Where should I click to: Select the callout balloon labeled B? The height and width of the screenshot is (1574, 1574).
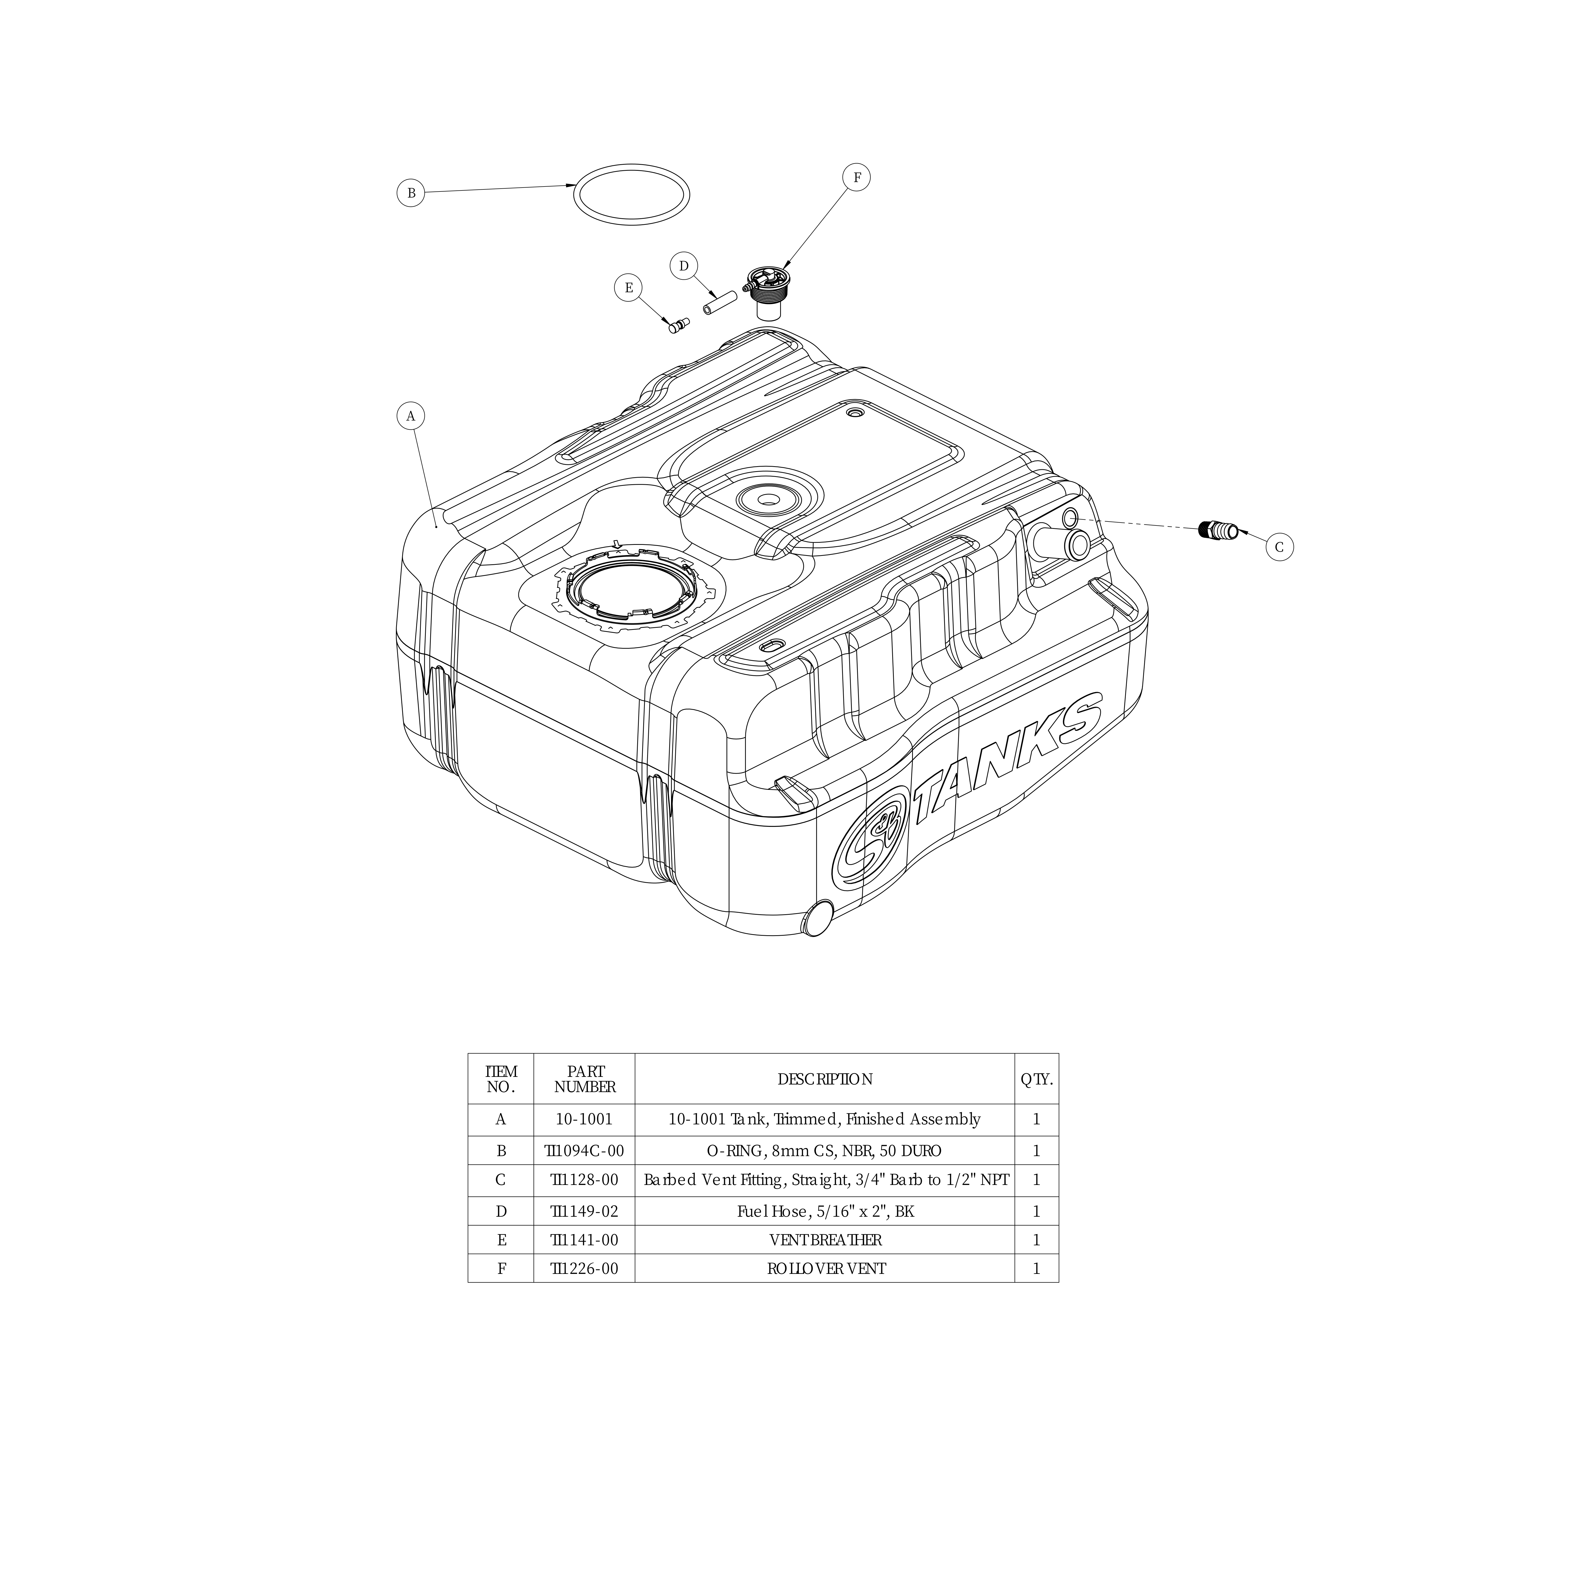tap(411, 193)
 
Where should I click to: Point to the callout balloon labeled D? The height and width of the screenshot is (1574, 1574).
tap(684, 265)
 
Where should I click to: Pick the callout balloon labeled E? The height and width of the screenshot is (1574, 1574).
tap(628, 288)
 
